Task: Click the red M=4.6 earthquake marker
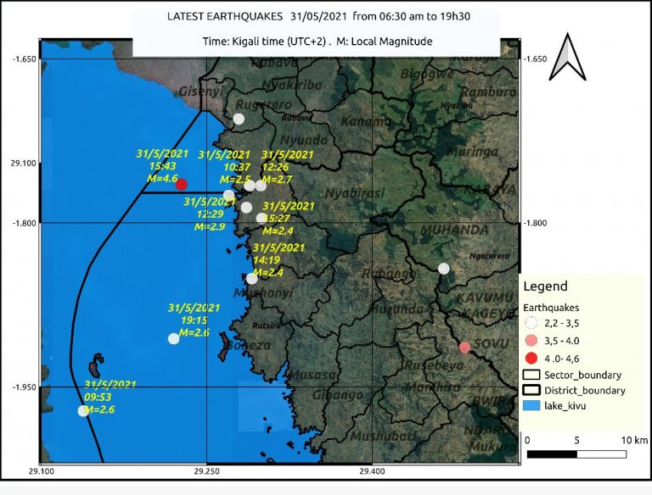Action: pos(181,184)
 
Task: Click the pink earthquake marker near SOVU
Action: pos(464,347)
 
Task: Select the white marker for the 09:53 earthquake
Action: pos(83,411)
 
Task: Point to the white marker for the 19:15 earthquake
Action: pos(174,338)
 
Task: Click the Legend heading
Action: pos(545,286)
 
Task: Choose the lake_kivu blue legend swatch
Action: pos(532,407)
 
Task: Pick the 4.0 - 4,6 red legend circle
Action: pos(532,357)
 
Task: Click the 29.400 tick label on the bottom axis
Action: pos(372,471)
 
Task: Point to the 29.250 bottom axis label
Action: pos(207,471)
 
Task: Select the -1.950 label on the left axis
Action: pos(23,387)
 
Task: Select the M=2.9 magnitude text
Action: pos(210,226)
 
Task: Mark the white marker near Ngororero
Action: pos(444,269)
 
